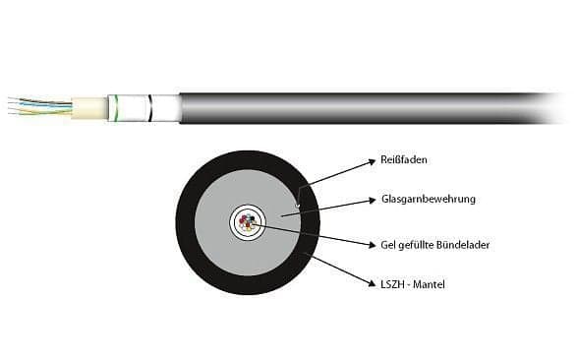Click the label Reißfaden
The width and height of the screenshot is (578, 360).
(404, 160)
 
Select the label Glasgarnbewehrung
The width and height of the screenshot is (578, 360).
(429, 199)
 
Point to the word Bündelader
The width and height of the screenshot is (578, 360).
(463, 245)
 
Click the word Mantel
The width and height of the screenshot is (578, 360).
(430, 284)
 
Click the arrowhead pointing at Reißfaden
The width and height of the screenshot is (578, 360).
(373, 161)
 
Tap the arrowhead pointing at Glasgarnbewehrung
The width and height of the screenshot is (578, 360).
(373, 200)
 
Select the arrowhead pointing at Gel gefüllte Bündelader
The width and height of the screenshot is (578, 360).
(372, 245)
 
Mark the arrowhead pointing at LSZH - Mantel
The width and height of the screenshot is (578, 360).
(371, 283)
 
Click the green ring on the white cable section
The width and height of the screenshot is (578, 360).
(116, 108)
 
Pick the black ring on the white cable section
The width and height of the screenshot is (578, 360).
(149, 108)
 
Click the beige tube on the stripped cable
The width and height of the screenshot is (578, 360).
(89, 108)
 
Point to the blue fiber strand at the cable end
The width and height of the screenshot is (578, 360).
(40, 104)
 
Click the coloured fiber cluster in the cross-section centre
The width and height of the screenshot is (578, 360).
(248, 222)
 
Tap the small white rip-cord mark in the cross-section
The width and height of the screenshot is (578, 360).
(298, 205)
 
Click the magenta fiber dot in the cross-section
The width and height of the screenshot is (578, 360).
(243, 220)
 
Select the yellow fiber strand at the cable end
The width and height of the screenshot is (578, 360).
(40, 110)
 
